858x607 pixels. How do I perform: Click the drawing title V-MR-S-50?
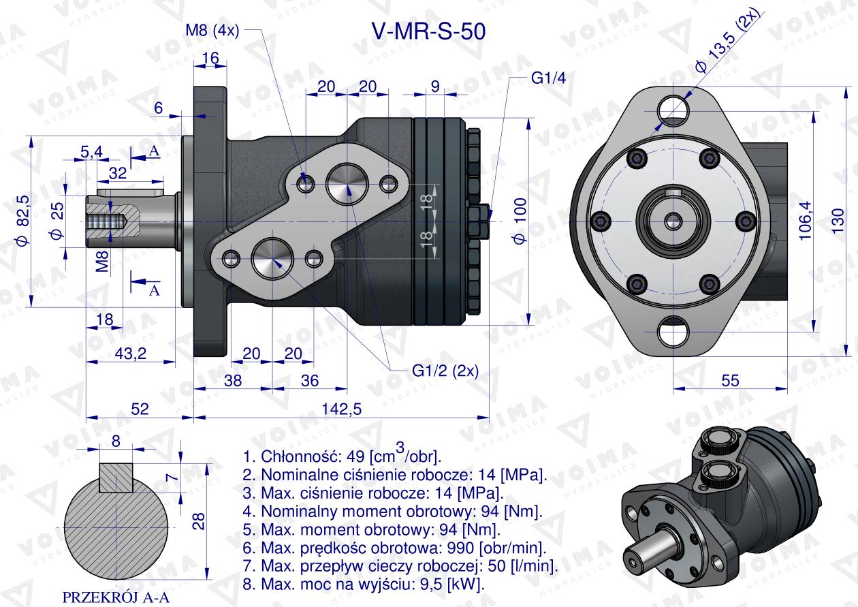[428, 32]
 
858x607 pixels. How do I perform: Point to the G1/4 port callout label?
[548, 78]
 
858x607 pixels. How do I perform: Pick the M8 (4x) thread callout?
[212, 31]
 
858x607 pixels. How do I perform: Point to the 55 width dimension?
[730, 381]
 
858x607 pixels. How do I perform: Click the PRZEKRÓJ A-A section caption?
[116, 597]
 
